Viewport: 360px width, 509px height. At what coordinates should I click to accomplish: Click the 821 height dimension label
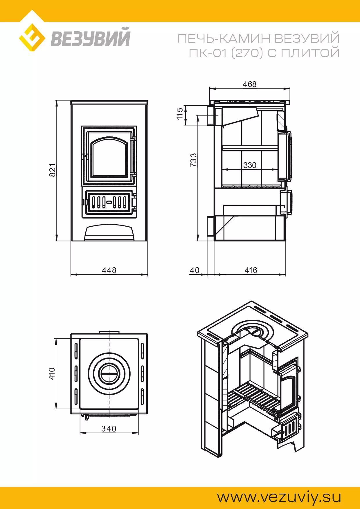(x=52, y=170)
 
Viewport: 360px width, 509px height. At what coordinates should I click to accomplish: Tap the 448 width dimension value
(x=109, y=270)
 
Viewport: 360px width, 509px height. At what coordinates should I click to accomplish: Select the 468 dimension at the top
(x=250, y=84)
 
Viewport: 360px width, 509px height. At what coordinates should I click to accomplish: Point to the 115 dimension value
(x=180, y=113)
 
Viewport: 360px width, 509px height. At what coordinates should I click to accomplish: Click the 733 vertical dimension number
(x=193, y=160)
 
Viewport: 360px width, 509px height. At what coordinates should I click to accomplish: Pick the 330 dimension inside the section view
(x=250, y=165)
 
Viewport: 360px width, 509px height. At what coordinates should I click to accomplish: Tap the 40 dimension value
(x=195, y=270)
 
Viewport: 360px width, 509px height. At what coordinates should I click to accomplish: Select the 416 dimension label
(x=251, y=270)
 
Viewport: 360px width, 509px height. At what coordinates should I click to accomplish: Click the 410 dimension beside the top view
(x=52, y=373)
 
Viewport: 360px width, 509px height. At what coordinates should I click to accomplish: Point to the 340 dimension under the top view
(x=109, y=429)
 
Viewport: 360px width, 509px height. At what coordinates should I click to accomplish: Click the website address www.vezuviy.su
(x=279, y=497)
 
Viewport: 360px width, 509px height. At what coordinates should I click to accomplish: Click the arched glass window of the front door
(x=109, y=158)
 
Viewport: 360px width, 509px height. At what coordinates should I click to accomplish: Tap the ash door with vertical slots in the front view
(x=109, y=202)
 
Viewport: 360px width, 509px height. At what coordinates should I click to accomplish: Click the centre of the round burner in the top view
(x=109, y=374)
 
